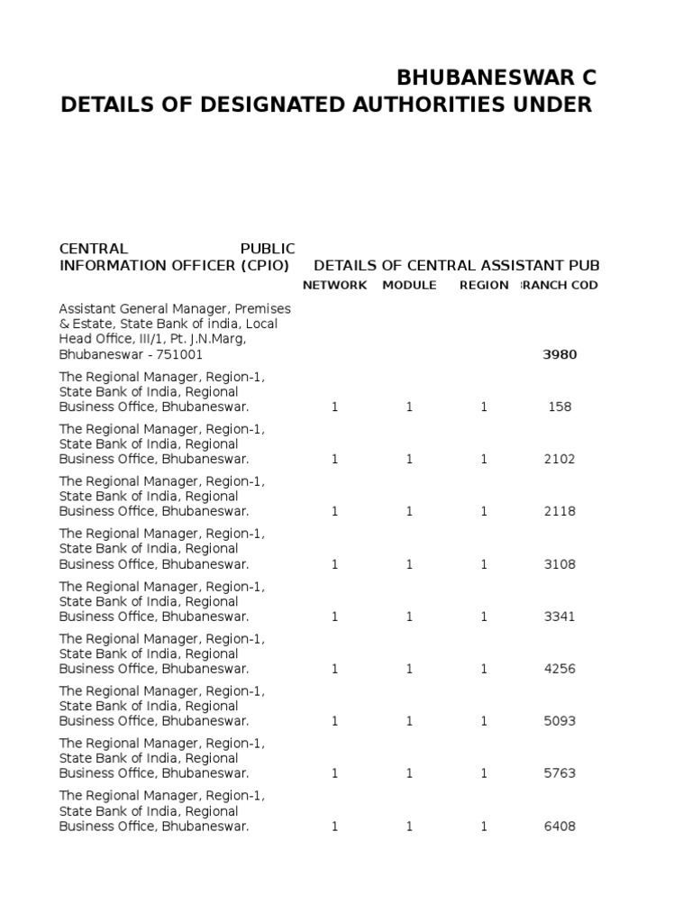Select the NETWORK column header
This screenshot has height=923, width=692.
[x=334, y=285]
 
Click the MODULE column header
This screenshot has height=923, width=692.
[x=409, y=285]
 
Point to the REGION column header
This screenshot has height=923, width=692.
[x=484, y=285]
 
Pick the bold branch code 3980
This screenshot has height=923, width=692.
[x=560, y=354]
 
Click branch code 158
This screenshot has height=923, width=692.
[x=560, y=407]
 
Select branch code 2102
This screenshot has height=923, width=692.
[x=560, y=459]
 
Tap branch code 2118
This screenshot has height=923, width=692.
[x=560, y=511]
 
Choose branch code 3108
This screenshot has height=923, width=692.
[x=560, y=564]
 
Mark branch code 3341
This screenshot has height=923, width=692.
[x=560, y=617]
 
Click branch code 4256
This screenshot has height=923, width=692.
[x=560, y=669]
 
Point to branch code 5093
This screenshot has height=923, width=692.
[x=560, y=721]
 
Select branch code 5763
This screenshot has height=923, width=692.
[x=560, y=773]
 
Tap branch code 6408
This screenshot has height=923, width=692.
[x=560, y=826]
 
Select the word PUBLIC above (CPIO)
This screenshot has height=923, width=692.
[x=268, y=248]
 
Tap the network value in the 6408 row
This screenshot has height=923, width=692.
[x=334, y=826]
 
